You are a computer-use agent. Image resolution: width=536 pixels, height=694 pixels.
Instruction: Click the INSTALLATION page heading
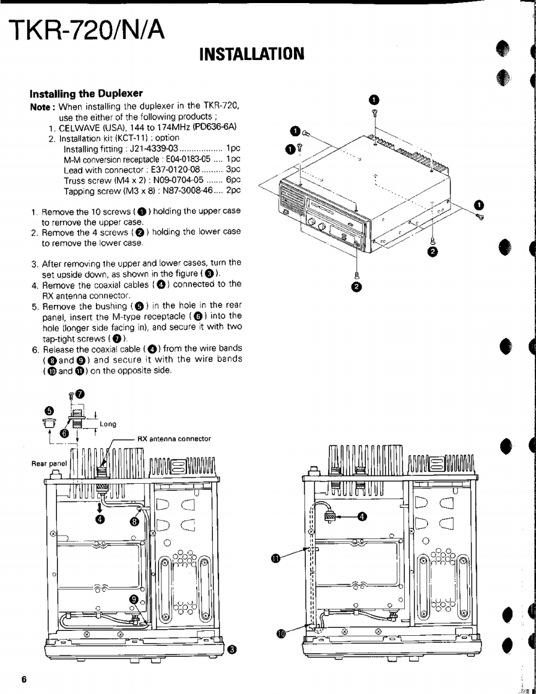click(251, 54)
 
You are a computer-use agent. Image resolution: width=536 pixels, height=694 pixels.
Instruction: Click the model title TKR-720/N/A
click(87, 30)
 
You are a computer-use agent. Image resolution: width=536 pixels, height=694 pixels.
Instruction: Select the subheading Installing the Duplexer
click(86, 93)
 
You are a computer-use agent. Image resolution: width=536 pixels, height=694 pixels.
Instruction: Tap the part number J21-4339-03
click(152, 149)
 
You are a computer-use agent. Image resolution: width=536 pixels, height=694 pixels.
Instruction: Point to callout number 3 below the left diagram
click(231, 649)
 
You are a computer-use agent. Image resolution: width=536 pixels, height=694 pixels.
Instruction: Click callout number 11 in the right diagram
click(275, 559)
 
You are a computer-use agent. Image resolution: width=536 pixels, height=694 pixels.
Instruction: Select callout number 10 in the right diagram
click(282, 633)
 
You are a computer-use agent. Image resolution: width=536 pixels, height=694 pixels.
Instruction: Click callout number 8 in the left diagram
click(134, 521)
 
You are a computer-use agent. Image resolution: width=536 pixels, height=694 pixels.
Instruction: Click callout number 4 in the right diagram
click(362, 517)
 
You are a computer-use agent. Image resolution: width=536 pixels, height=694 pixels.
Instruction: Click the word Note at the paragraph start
click(41, 107)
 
